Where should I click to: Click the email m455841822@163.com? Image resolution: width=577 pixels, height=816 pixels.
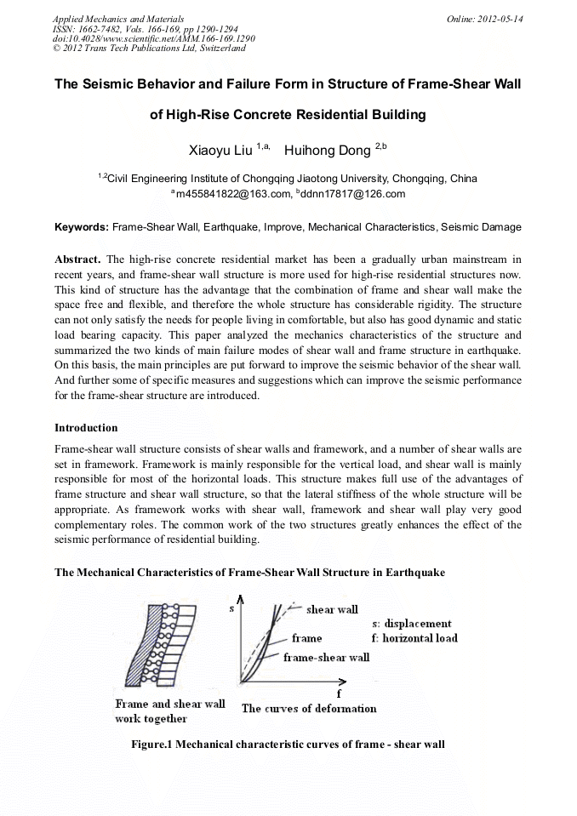point(231,194)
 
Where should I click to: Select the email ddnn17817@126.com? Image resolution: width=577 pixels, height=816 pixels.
point(352,194)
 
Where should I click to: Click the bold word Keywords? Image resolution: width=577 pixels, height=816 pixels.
point(82,228)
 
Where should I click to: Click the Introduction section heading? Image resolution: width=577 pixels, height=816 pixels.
point(86,427)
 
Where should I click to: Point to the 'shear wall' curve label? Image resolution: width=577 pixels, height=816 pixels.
point(332,609)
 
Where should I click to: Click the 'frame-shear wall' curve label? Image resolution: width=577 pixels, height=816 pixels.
point(326,657)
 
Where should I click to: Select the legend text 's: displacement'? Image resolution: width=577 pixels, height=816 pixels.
point(412,624)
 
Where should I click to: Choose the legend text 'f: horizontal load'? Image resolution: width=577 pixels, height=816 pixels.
point(414,638)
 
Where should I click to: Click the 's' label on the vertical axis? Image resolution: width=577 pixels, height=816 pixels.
point(231,609)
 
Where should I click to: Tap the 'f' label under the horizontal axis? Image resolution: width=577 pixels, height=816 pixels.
point(339,693)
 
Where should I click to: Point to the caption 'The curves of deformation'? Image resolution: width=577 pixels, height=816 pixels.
point(309,708)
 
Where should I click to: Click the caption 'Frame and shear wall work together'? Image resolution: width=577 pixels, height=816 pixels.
point(169,711)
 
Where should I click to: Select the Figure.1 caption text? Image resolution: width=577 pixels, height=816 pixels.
point(288,745)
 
